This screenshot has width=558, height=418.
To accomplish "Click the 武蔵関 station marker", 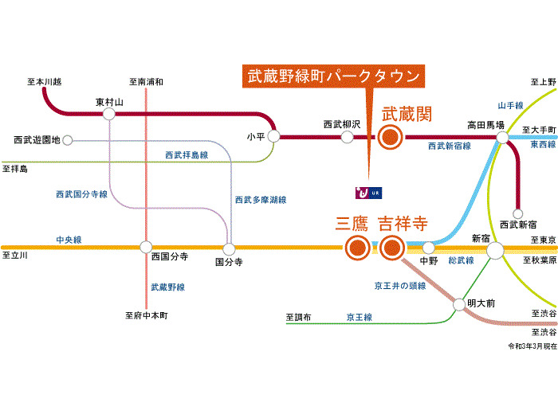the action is pos(391,137).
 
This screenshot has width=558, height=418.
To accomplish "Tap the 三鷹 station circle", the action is pos(358,248).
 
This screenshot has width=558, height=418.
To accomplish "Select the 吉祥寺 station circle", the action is pos(392,248).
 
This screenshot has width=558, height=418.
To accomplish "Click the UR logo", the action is pos(368,193).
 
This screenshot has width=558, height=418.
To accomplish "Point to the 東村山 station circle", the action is pos(109,114).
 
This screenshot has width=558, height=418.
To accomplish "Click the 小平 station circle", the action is pos(273,136).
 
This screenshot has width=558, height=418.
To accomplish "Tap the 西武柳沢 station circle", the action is pos(348,137).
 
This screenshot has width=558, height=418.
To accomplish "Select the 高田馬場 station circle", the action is pos(502,137).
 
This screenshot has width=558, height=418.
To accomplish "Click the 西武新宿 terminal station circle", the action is pos(518,213).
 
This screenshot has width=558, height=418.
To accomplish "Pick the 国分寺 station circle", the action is pos(230,248).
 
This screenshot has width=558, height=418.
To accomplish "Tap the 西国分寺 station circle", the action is pos(146,247).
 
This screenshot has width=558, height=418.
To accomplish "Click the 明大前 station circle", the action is pos(459,305).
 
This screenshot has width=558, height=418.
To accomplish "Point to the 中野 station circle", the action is pos(429,248).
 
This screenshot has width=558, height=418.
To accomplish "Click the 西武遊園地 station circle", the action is pos(68,140).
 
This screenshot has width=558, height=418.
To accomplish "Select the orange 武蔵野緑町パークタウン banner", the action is pos(333,76).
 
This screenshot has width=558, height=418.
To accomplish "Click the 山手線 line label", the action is pos(510,106).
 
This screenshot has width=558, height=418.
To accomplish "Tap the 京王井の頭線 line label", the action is pos(400,286).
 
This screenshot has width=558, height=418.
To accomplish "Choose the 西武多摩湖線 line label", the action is pos(261,200).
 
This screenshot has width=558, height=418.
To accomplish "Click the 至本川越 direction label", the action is pos(45,82).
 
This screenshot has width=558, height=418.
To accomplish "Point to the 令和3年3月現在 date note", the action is pos(532,346).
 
